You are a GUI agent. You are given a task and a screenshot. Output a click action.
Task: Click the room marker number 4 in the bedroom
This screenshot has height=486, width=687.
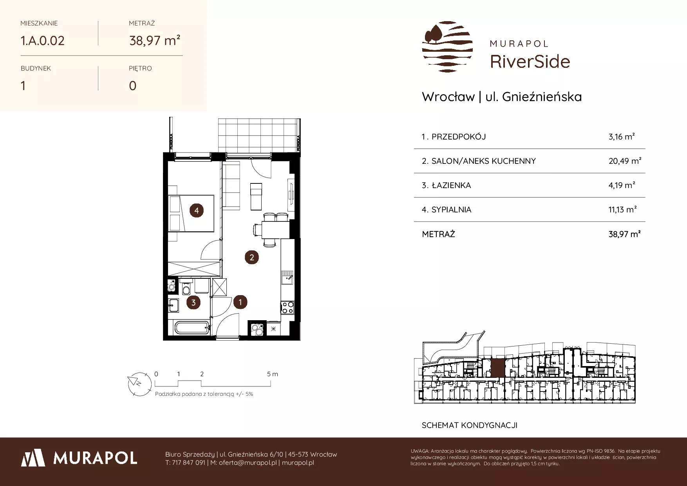click(x=197, y=210)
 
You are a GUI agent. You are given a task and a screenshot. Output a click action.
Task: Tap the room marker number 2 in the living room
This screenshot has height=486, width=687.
click(x=252, y=257)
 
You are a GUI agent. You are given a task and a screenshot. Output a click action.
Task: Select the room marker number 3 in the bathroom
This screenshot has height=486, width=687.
click(x=193, y=302)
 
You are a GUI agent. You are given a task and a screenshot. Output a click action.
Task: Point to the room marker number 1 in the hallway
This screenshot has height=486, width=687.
click(x=240, y=302)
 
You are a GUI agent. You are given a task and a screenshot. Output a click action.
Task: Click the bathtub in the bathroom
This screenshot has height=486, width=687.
click(x=192, y=328)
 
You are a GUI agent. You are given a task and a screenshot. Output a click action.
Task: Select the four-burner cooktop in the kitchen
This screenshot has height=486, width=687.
click(x=287, y=307)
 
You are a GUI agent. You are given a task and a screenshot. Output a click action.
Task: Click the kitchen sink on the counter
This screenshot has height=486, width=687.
click(x=287, y=278)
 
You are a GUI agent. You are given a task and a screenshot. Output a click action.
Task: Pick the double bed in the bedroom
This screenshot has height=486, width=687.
click(x=192, y=213)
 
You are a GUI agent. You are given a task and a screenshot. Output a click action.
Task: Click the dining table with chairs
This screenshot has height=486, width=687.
click(x=270, y=229)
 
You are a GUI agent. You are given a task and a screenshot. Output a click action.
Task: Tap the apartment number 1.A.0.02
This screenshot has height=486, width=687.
click(x=43, y=40)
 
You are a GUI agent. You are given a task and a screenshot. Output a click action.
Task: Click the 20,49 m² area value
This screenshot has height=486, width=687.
click(x=625, y=161)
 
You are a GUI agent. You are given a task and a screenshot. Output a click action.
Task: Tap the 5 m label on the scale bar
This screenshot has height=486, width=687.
click(x=273, y=374)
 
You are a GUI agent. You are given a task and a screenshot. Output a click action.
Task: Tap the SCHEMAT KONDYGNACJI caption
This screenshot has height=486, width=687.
click(x=470, y=425)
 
